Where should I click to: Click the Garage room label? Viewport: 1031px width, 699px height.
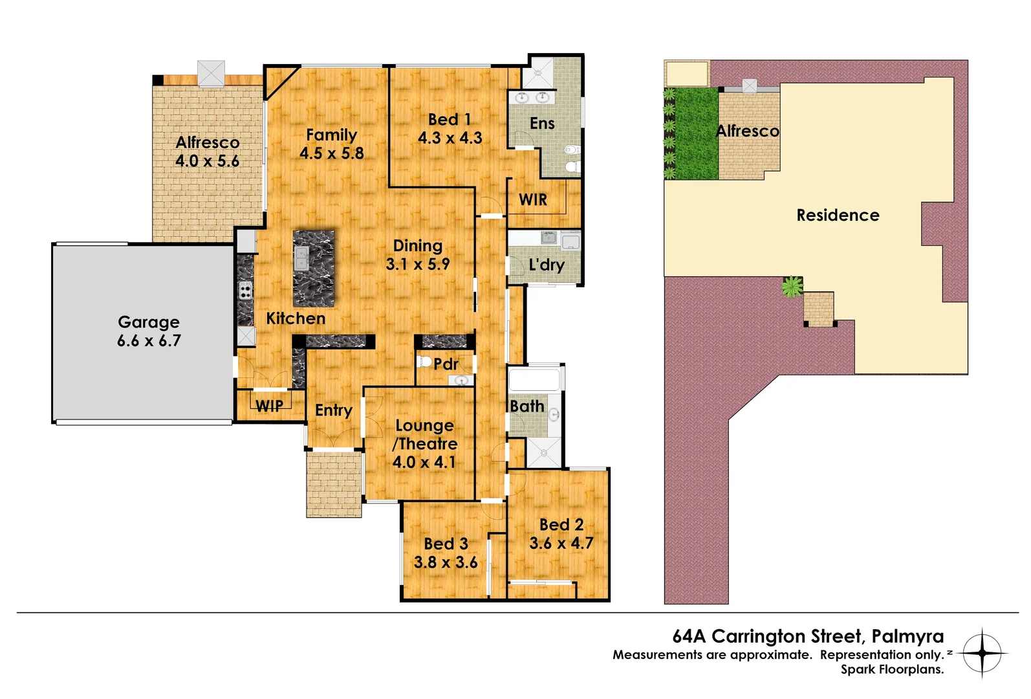(149, 322)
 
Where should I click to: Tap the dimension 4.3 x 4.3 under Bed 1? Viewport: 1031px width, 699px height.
(450, 138)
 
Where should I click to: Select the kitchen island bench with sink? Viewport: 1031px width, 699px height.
(314, 268)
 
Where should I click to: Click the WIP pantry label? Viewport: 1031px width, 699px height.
(269, 406)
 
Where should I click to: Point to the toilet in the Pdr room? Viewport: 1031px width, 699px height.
(424, 361)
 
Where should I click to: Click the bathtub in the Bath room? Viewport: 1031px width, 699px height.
(534, 380)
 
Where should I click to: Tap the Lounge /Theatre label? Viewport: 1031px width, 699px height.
(425, 434)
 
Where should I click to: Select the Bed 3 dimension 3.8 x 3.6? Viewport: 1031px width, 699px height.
(446, 562)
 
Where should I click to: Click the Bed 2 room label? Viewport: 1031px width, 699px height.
(561, 524)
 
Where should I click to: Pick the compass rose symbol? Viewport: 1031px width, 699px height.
(982, 652)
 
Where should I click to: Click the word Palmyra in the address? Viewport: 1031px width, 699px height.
(907, 636)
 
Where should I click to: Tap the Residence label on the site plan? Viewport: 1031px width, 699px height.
(838, 215)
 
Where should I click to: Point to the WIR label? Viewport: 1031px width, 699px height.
(533, 200)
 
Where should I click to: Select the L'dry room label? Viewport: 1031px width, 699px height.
(547, 265)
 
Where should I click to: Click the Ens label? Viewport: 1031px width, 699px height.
(542, 123)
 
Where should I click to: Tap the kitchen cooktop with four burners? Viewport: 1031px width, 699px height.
(245, 291)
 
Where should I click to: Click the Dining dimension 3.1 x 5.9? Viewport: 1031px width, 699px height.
(418, 264)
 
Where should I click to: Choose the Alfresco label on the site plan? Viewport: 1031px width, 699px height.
(748, 131)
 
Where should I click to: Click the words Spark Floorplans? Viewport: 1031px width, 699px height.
(892, 669)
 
